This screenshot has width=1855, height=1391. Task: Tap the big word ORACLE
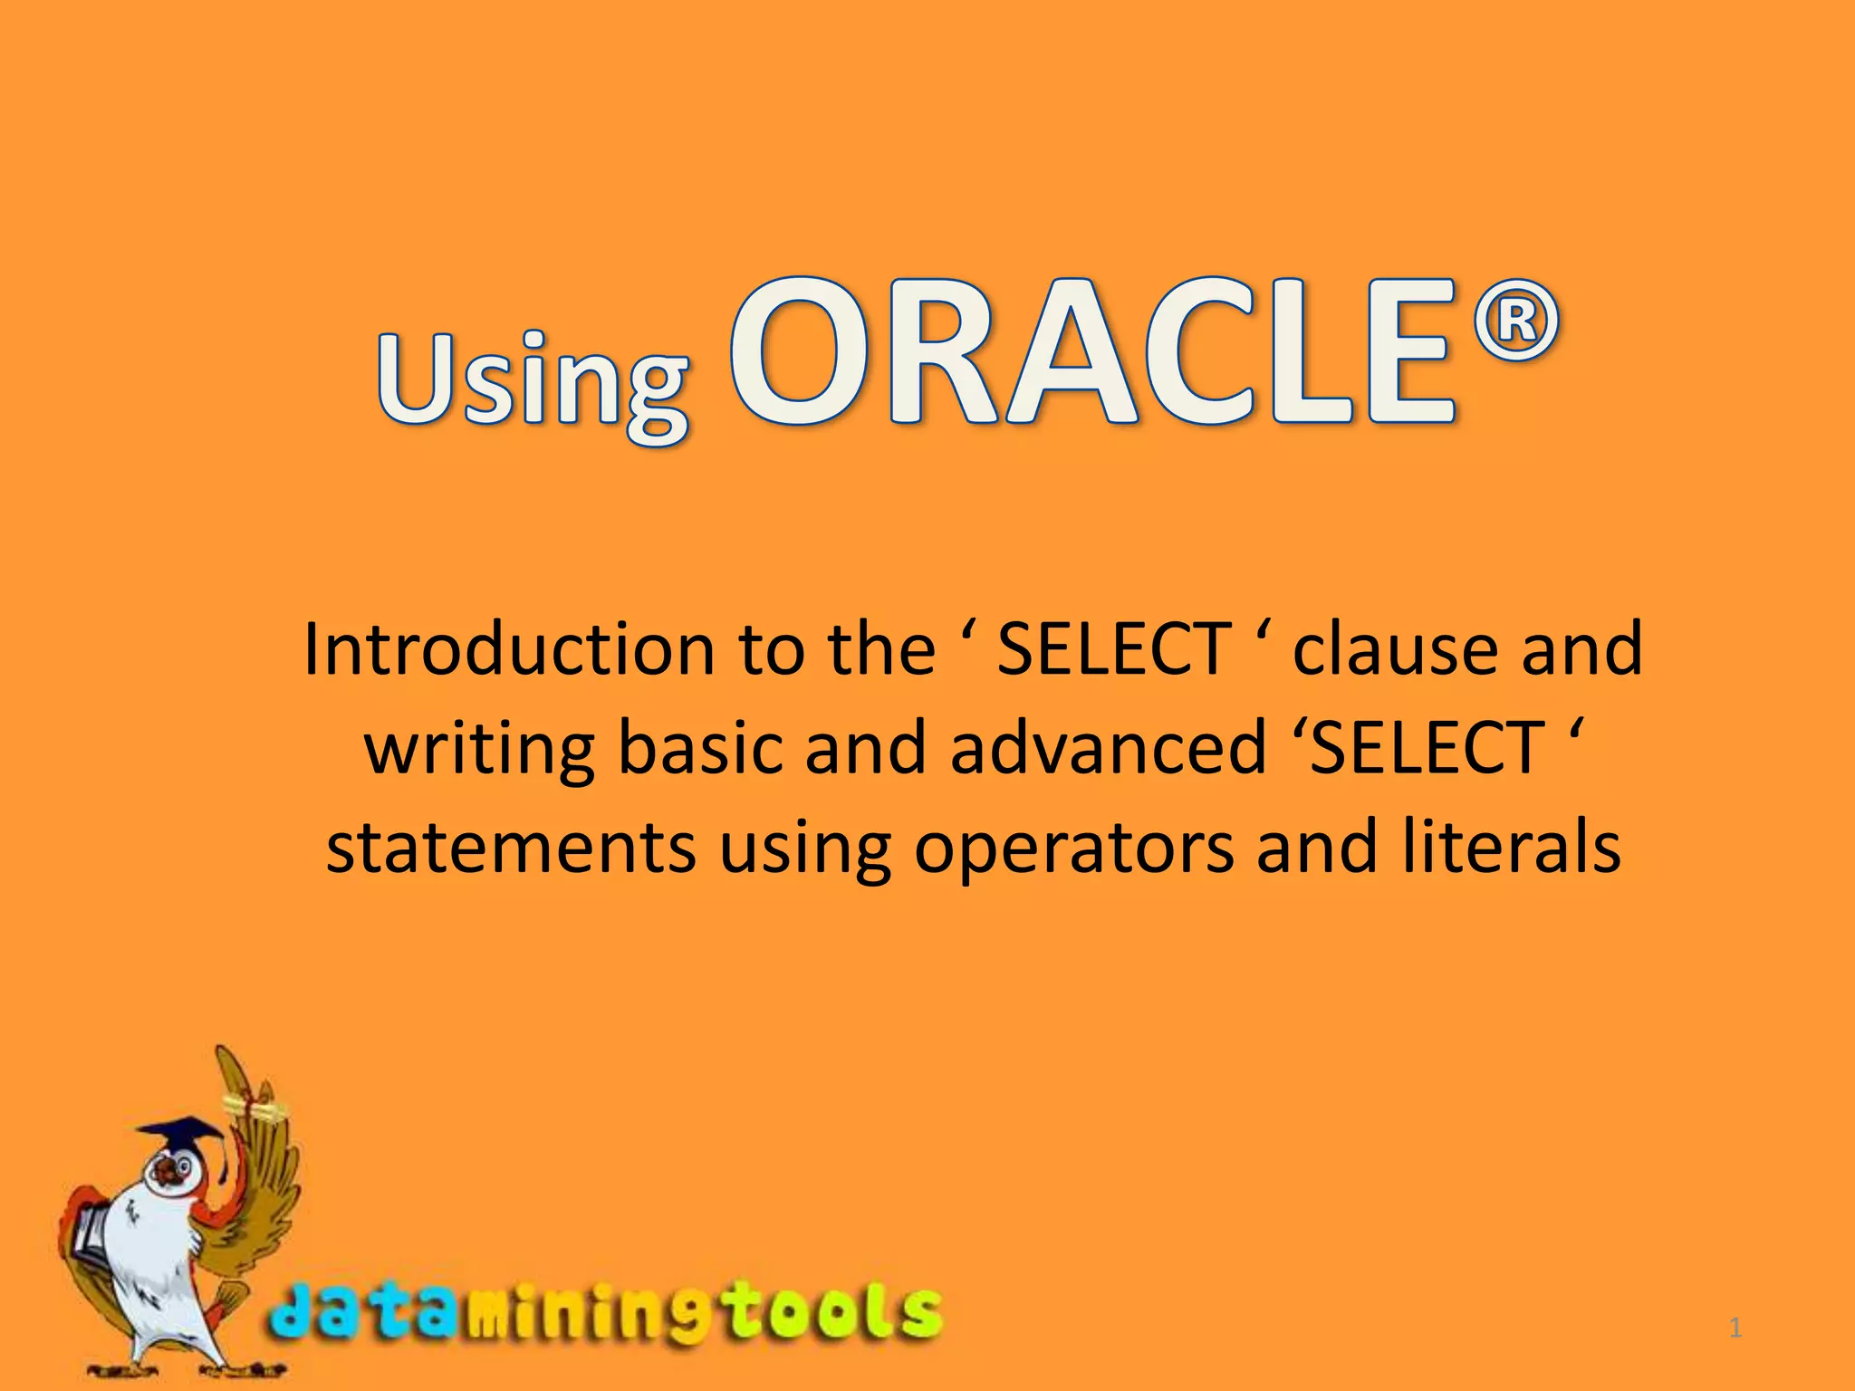1093,355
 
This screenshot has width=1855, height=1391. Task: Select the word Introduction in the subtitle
508,649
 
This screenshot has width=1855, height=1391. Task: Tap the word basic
699,748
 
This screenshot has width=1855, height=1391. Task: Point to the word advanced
1108,748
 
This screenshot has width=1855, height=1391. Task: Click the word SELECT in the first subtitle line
1113,649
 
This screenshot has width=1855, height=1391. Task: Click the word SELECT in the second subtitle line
1427,748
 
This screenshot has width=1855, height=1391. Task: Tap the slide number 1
1735,1329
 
